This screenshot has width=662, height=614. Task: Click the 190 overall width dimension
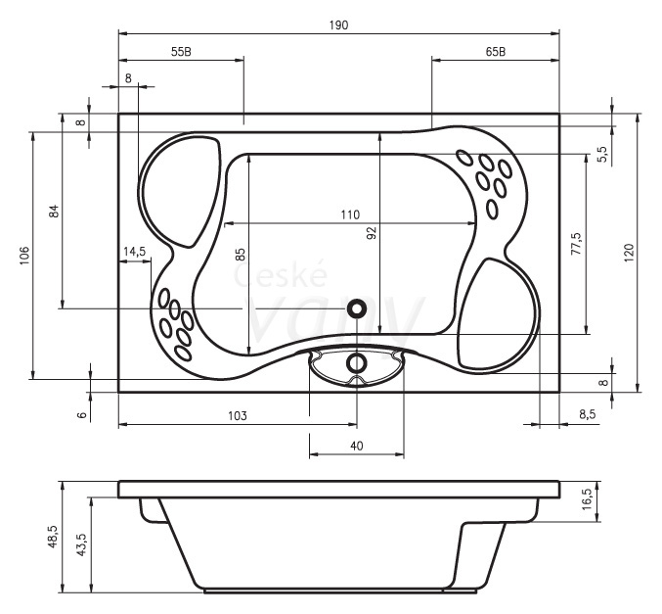(x=338, y=25)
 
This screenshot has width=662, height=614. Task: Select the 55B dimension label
(x=181, y=52)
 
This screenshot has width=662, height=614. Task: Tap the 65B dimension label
(x=496, y=52)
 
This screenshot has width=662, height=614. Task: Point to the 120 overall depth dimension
(x=629, y=253)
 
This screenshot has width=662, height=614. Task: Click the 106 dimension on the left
(x=24, y=256)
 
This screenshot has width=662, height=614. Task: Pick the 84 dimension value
(x=54, y=211)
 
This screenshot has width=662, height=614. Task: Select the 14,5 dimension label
(x=134, y=252)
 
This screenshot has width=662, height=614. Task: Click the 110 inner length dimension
(x=350, y=214)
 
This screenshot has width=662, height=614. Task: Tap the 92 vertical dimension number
(x=372, y=233)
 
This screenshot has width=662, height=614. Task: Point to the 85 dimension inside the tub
(x=240, y=255)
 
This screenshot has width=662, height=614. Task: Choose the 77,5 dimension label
(x=576, y=243)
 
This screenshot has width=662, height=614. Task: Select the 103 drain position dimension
(x=238, y=416)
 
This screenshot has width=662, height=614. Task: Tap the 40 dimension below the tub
(x=357, y=446)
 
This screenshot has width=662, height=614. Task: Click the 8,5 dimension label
(x=587, y=414)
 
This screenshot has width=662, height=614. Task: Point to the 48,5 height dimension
(x=53, y=537)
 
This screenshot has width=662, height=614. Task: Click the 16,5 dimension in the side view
(x=588, y=499)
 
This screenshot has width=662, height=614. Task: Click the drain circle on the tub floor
(x=357, y=308)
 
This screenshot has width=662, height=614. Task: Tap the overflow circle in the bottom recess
(x=357, y=363)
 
